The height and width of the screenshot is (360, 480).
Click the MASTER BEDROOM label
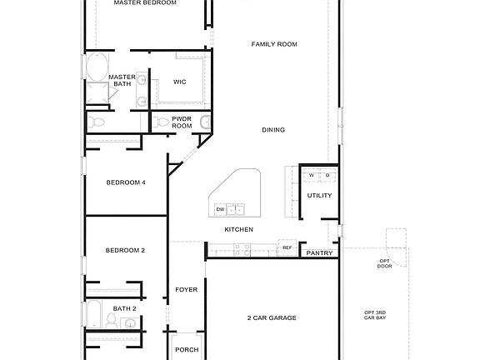[147, 3]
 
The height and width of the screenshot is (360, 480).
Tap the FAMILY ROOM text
[274, 44]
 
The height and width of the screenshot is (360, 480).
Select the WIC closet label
[179, 82]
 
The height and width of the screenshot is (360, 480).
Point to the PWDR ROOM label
[182, 122]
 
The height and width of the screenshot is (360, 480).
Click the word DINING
[273, 130]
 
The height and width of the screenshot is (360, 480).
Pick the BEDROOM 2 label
[125, 250]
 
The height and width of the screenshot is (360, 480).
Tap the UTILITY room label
[319, 196]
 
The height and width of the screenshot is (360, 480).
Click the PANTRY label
[320, 253]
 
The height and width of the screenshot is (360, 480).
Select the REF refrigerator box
[287, 247]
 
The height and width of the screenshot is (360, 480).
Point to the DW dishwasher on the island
[220, 208]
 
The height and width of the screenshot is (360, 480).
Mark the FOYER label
[186, 290]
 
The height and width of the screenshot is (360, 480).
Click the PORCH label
[186, 349]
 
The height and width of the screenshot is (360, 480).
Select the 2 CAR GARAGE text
[271, 317]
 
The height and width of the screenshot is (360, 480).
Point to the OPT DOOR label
[384, 263]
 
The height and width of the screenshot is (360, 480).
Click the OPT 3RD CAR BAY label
[375, 315]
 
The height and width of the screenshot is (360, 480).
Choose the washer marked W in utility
[312, 175]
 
